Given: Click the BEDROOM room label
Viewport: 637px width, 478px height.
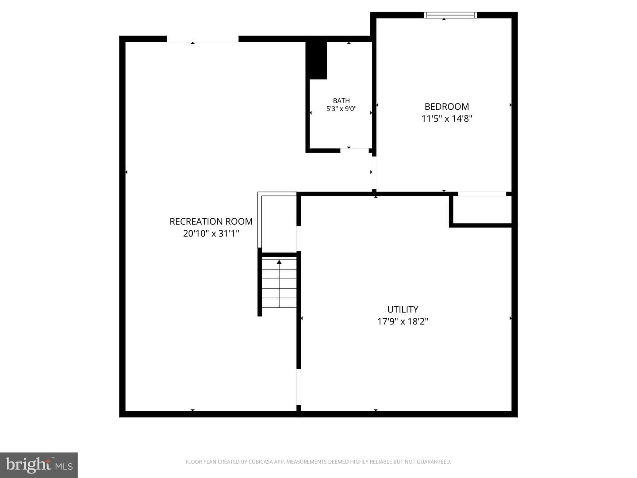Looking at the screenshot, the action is pyautogui.click(x=447, y=107).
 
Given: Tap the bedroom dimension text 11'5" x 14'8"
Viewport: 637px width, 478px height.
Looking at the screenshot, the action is pyautogui.click(x=447, y=119).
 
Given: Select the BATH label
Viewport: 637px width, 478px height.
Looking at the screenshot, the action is pyautogui.click(x=341, y=101).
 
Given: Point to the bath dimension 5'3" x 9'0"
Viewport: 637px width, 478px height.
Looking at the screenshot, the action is pyautogui.click(x=341, y=109).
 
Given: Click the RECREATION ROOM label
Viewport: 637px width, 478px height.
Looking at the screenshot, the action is pyautogui.click(x=211, y=221).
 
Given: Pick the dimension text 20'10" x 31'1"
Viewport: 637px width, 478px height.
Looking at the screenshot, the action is pyautogui.click(x=211, y=233).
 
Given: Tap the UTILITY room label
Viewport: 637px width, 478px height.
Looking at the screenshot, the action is pyautogui.click(x=403, y=309).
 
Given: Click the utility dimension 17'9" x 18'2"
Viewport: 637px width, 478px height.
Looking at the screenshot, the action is pyautogui.click(x=403, y=322).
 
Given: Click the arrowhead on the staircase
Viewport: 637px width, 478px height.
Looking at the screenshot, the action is pyautogui.click(x=279, y=262).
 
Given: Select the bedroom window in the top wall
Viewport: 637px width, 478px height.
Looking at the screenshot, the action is pyautogui.click(x=450, y=15).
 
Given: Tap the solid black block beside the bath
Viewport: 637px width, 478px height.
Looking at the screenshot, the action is pyautogui.click(x=316, y=60).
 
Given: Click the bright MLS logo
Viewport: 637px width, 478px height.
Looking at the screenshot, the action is pyautogui.click(x=39, y=465).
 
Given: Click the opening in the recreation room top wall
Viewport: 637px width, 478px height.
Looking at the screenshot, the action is pyautogui.click(x=203, y=39).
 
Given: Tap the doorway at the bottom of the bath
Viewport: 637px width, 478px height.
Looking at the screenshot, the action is pyautogui.click(x=354, y=150).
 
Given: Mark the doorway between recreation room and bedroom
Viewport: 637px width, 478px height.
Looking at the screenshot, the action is pyautogui.click(x=374, y=173).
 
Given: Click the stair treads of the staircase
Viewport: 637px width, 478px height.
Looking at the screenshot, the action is pyautogui.click(x=279, y=284).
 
